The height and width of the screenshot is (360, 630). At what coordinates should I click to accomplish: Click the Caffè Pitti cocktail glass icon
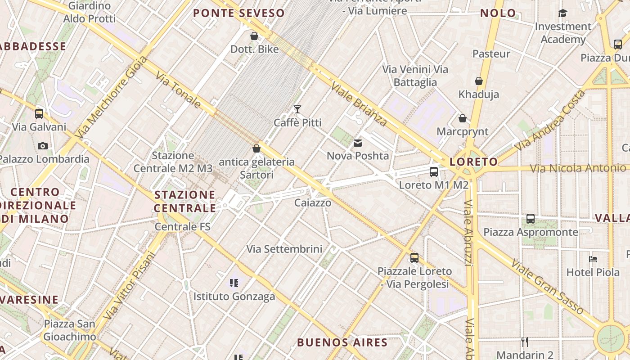point(297,109)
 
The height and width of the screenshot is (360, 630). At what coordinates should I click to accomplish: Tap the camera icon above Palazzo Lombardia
point(43,146)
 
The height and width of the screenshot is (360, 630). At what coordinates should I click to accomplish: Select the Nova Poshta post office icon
point(358,143)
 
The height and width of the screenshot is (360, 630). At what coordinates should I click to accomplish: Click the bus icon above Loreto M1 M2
point(434,171)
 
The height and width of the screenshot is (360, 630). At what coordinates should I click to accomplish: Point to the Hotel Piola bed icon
point(593,259)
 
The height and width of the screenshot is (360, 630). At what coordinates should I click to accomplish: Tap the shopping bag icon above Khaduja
point(479,81)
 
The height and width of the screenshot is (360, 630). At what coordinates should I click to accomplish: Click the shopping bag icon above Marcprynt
point(463,118)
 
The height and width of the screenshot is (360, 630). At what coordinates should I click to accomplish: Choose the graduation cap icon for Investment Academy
point(562,13)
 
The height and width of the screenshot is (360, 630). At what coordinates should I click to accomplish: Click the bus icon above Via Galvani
point(39,113)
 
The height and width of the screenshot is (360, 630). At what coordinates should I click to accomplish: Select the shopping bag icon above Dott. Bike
point(254,36)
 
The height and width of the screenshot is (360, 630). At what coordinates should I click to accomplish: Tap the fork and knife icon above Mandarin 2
point(524,342)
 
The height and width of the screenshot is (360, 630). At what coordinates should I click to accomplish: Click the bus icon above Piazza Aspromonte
point(531,219)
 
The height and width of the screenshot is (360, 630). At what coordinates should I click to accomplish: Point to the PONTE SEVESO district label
point(239,13)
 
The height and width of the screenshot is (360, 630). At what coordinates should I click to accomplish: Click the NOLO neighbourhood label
point(498,13)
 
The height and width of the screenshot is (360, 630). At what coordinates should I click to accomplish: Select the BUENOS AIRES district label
point(342,342)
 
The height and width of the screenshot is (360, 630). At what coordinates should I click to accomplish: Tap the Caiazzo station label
point(313,203)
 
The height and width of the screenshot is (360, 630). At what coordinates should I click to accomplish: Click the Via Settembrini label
point(284,249)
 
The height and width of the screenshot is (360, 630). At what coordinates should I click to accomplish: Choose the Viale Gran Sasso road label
point(547,287)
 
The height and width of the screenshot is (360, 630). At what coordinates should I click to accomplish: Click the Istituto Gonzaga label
point(234,297)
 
